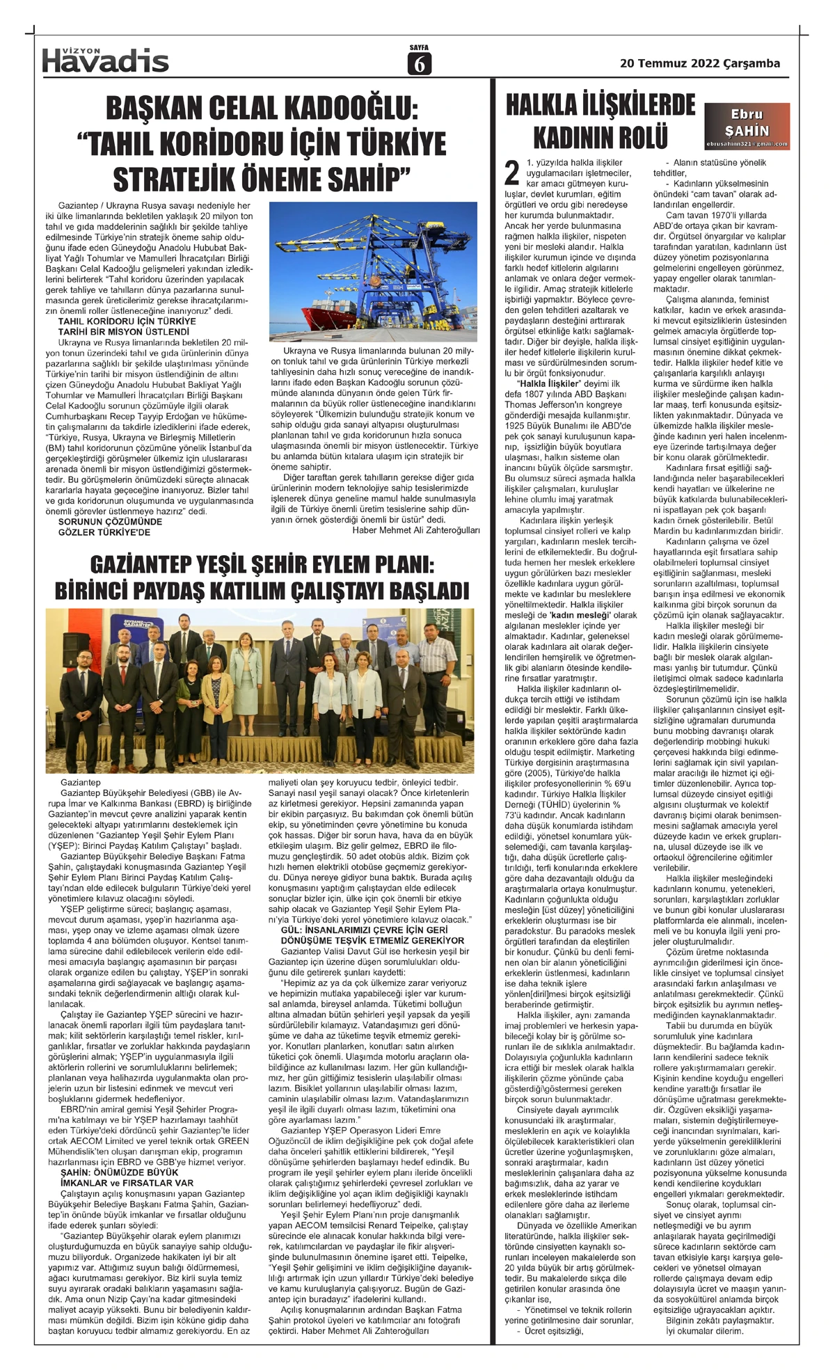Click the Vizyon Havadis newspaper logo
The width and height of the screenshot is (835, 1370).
pyautogui.click(x=105, y=61)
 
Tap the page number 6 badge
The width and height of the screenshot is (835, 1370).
pyautogui.click(x=419, y=63)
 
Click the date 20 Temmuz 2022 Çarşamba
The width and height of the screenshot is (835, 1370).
pyautogui.click(x=699, y=63)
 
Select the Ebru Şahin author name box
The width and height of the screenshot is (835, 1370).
pyautogui.click(x=747, y=122)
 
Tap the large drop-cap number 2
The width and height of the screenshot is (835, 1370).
pyautogui.click(x=512, y=172)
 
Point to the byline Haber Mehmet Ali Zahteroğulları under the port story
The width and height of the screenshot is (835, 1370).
pyautogui.click(x=416, y=530)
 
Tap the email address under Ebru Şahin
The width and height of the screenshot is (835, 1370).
pyautogui.click(x=747, y=145)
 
